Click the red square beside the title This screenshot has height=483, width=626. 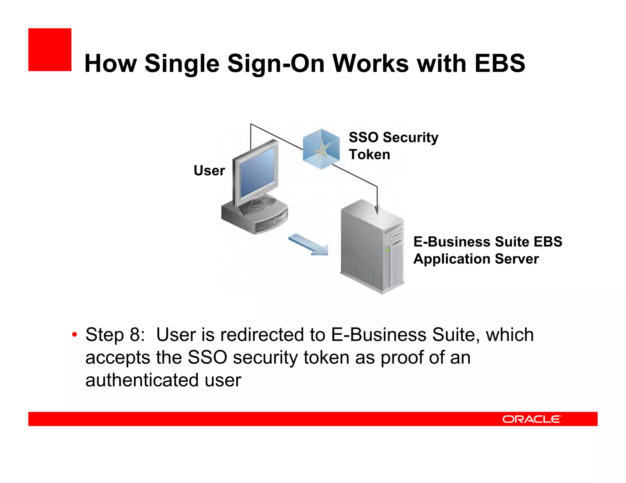(50, 50)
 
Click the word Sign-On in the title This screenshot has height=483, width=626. (276, 64)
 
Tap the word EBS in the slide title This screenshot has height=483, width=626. (499, 64)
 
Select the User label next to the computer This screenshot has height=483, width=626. (209, 170)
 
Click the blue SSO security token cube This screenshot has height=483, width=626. (321, 149)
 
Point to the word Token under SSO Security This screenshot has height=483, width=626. (369, 154)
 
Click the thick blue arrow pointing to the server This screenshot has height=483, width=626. (309, 244)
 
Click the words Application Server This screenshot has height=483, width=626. (476, 259)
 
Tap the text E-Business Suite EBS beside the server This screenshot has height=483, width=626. (488, 242)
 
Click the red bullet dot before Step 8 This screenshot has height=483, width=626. (74, 335)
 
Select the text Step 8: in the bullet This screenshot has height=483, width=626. (115, 335)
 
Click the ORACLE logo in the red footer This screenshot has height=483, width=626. (532, 419)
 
